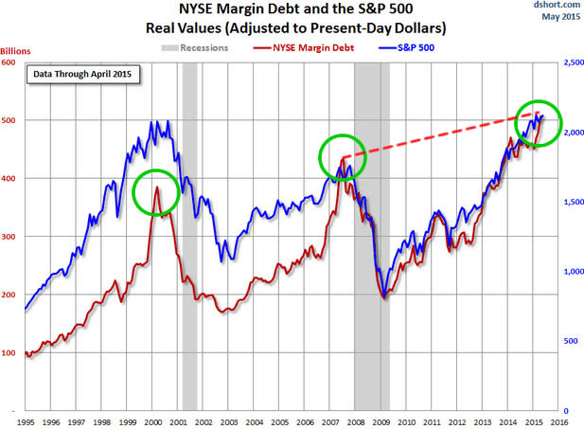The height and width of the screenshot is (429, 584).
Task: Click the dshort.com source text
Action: tap(557, 6)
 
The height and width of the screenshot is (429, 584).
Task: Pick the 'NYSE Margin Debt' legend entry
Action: tap(311, 45)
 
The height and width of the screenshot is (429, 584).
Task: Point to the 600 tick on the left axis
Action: tap(10, 63)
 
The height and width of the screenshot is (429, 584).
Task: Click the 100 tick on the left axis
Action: tap(10, 353)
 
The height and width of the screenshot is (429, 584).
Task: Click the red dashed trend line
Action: tap(435, 136)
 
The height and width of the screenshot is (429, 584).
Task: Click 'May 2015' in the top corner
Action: tap(560, 17)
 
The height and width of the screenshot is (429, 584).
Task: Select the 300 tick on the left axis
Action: tap(10, 237)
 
